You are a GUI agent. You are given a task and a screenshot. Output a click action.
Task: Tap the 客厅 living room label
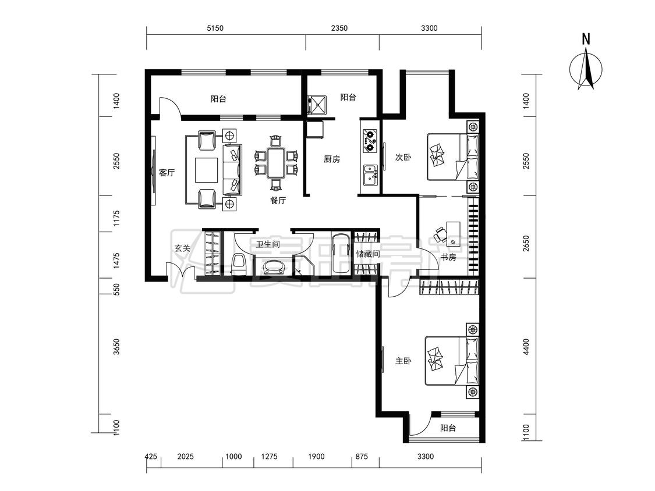point(167,172)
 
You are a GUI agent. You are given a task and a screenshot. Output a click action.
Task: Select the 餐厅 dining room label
point(278,200)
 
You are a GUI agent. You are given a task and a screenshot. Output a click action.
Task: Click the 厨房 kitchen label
point(332,159)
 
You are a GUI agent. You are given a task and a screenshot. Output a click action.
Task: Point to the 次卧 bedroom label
point(403,158)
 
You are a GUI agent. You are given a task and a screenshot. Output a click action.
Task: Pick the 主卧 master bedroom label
point(403,361)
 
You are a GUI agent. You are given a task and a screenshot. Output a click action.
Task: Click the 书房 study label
point(448,257)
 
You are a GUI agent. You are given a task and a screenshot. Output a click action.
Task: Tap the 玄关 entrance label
point(182,248)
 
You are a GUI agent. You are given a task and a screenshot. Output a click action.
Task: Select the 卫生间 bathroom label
point(268,244)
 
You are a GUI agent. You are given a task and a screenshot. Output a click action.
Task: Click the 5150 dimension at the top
point(215,29)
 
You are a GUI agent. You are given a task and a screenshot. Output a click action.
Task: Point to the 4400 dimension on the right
point(526,347)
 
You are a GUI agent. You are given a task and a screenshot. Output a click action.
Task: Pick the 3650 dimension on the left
point(116,347)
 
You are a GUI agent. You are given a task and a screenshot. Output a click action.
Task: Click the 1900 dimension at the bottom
point(316,456)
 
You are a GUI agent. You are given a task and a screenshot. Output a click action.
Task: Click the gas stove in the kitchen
point(370,140)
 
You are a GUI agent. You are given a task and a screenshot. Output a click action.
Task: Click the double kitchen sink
point(370,175)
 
